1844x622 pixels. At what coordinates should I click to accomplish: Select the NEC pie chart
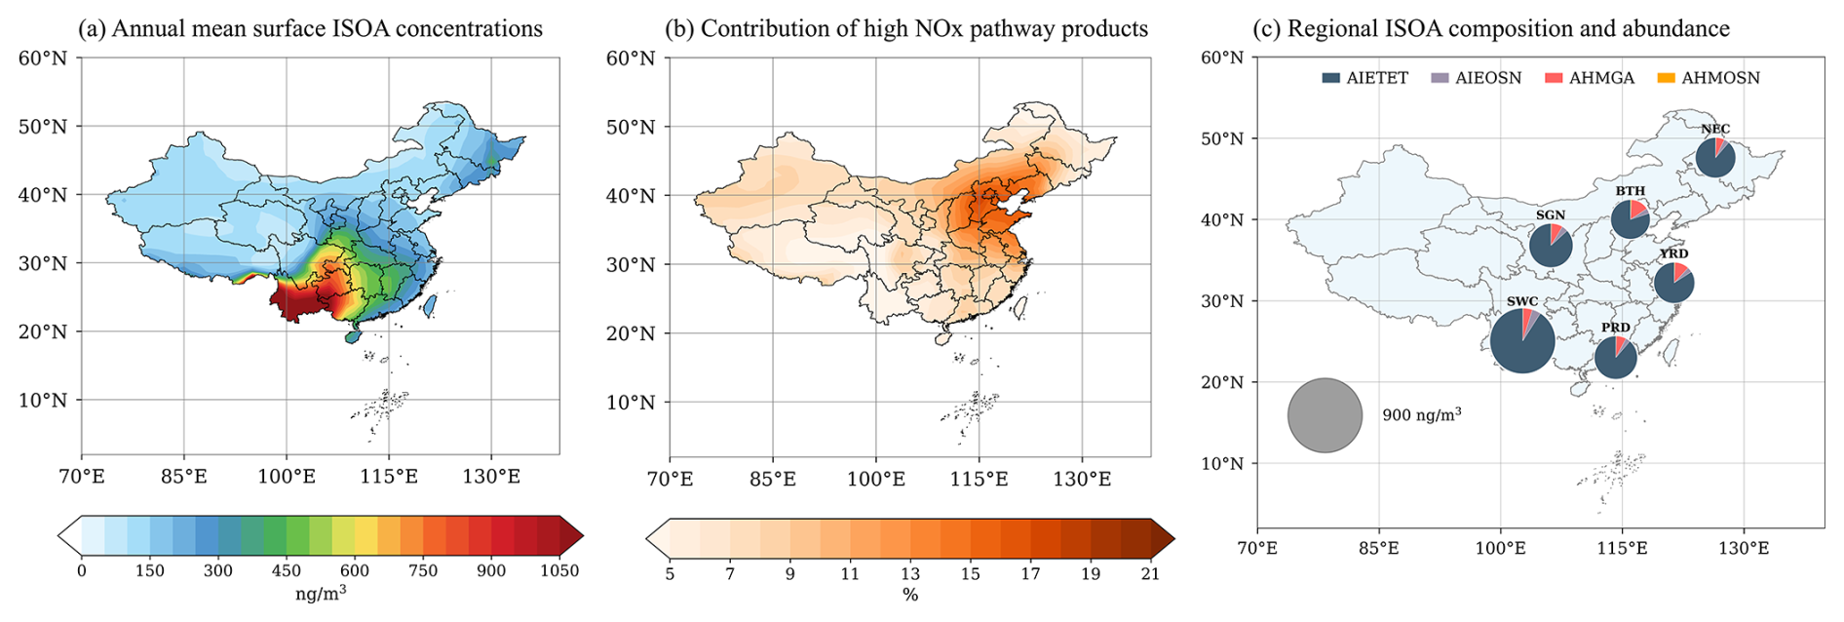1714,158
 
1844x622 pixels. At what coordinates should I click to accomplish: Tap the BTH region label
1630,191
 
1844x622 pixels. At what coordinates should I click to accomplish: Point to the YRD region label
1673,253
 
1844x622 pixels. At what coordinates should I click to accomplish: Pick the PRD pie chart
1615,358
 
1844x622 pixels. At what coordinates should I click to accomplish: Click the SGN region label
1550,215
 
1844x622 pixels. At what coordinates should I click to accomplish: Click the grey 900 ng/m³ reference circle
1325,415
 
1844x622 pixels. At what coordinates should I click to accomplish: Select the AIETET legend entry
1364,78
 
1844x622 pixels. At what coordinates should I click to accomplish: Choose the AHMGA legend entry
1590,78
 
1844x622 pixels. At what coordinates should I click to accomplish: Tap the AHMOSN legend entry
1709,78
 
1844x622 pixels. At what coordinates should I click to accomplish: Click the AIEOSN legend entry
1476,78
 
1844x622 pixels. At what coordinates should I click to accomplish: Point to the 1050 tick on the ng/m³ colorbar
559,571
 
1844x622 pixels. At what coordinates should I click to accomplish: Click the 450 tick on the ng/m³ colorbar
287,571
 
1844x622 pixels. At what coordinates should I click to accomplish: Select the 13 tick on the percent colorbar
910,574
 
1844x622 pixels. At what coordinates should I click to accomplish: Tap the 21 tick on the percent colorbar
1151,574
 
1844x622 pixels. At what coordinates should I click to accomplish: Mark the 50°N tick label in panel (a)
43,127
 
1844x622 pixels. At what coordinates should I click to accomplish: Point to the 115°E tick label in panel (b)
979,479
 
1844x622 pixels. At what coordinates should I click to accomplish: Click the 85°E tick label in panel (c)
1378,548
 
